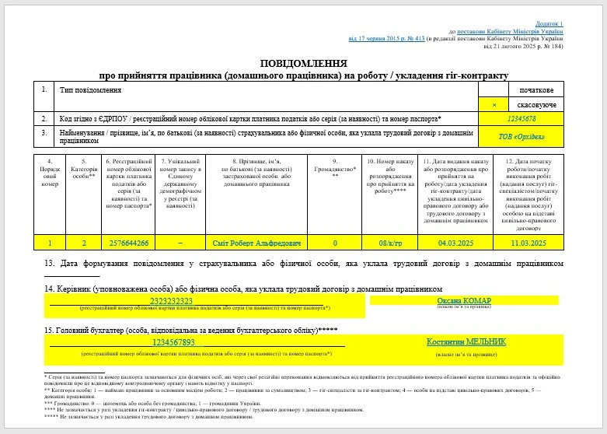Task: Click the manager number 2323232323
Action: click(x=170, y=300)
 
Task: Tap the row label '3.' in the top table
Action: click(x=44, y=134)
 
